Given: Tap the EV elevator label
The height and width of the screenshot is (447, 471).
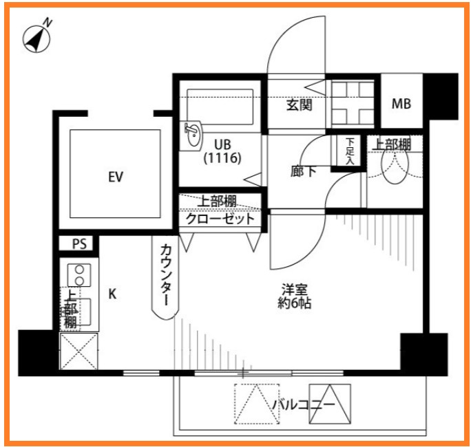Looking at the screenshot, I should [115, 177].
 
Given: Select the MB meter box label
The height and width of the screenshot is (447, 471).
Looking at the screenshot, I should [401, 105].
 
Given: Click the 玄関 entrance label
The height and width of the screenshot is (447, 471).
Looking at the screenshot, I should [300, 105].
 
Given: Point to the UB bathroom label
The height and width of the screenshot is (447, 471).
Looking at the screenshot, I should [221, 144].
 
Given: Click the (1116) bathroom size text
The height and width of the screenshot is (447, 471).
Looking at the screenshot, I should [221, 158].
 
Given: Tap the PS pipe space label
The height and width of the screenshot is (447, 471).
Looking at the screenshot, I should [78, 243].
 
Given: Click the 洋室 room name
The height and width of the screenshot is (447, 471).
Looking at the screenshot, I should [295, 289].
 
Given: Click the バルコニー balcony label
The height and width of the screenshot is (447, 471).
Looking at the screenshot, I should [303, 404].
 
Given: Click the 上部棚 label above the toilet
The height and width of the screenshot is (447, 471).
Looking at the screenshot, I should [392, 144].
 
